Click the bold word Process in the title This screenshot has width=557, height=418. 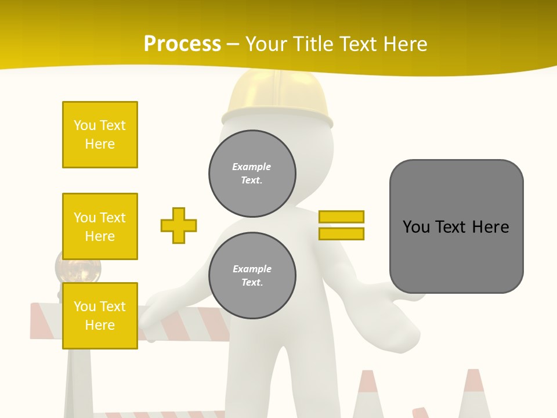point(182,44)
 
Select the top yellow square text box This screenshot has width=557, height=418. point(100,135)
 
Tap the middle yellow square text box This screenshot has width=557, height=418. point(100,226)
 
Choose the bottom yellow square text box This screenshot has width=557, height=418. point(100,316)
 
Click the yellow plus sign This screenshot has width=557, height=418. point(179,225)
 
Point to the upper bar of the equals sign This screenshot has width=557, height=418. point(341,217)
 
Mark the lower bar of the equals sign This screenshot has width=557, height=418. point(341,233)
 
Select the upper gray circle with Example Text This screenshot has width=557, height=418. point(252,174)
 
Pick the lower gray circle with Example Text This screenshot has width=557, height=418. point(252,276)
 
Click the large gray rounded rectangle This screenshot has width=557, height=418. point(457,226)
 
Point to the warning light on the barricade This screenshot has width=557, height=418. point(78,267)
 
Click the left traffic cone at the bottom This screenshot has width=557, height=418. point(368,395)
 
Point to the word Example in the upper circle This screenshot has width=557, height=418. point(252,167)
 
